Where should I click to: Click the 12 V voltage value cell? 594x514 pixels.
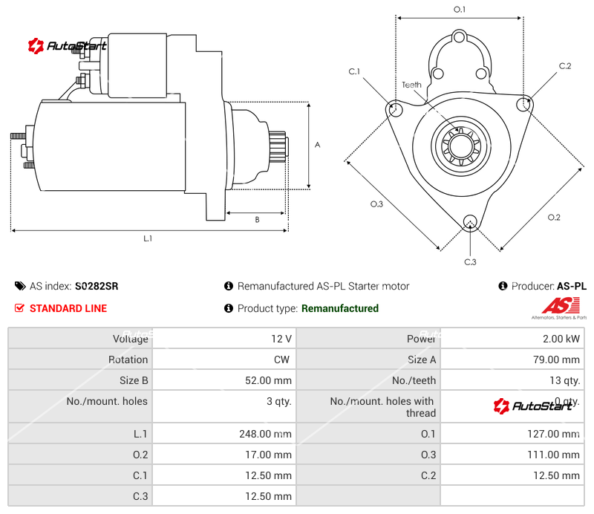coord(281,339)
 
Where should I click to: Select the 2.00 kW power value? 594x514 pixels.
coord(564,339)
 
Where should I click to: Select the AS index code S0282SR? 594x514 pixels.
coord(97,286)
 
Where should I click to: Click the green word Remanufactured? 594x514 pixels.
coord(339,308)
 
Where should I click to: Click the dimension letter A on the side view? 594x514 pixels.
coord(317,145)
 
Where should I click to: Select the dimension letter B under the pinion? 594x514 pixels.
coord(257,219)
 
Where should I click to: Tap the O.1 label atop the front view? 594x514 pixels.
coord(460,10)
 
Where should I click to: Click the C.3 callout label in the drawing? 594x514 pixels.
coord(470,261)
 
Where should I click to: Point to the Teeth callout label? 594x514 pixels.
coord(411,85)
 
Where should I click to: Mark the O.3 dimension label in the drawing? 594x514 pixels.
coord(376,204)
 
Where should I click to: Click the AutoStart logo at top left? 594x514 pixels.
coord(68,46)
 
